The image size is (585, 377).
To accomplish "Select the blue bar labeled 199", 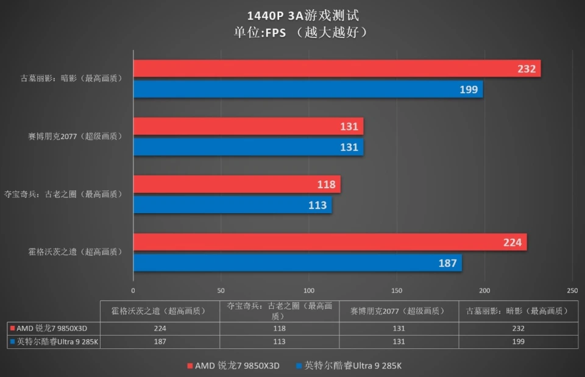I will tap(308, 90).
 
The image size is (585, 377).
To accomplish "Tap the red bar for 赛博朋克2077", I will tap(248, 127).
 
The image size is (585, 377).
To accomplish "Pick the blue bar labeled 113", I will tap(232, 205).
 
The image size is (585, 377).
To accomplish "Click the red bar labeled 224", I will tap(330, 242).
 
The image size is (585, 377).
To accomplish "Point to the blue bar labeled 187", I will tap(297, 263).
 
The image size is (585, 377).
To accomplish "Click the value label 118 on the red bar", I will tap(326, 185).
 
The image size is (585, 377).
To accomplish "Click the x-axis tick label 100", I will tap(309, 291).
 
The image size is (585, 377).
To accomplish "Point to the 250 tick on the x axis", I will tap(572, 291).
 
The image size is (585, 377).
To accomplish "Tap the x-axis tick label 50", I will tap(221, 291).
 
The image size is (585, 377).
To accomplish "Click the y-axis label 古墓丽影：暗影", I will tap(71, 78).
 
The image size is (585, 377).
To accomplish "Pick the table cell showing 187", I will tap(160, 342).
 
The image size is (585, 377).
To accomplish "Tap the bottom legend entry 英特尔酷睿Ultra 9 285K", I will tap(348, 365).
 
